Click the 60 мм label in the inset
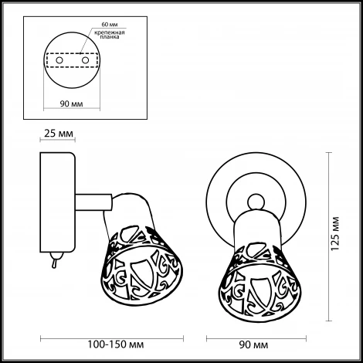110,25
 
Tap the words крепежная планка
110,35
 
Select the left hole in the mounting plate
59,60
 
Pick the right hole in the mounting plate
85,60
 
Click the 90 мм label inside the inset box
72,103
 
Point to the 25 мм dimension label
59,134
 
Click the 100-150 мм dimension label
116,344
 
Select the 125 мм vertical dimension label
335,234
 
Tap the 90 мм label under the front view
253,344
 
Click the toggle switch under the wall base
56,260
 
